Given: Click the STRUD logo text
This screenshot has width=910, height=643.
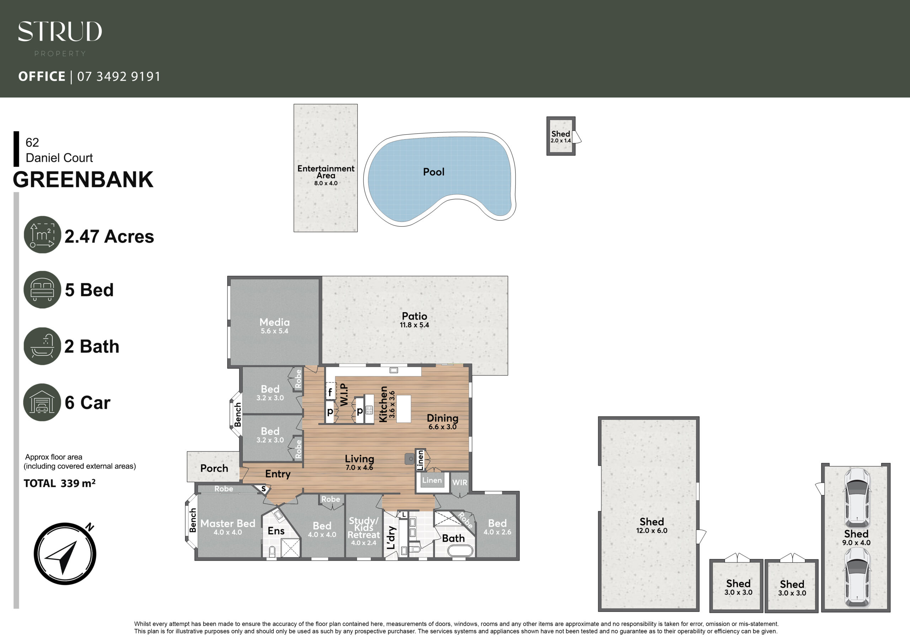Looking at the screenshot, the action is pos(60,31).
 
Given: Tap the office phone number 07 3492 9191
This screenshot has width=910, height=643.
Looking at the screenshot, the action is pos(119,76).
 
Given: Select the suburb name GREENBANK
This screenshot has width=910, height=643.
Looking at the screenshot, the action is pos(83,179).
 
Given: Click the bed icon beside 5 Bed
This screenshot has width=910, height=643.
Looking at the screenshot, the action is pos(42,290).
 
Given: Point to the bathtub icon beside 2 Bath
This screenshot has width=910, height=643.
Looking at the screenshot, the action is pos(42,346).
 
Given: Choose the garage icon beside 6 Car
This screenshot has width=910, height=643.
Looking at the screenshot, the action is pos(42,402).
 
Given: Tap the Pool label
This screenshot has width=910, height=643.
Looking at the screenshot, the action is pos(434,172).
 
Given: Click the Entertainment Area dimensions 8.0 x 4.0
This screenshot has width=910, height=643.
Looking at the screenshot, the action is pos(326,183).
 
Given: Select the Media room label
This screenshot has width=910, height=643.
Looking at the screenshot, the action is pos(275,322).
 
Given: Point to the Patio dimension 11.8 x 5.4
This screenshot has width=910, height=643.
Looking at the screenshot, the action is pos(414,325).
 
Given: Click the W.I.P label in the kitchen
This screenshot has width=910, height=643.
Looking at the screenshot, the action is pos(344,395).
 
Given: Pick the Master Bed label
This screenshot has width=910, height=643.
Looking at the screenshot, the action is pos(228,523).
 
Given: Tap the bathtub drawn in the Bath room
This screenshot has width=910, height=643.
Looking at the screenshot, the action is pos(460,551).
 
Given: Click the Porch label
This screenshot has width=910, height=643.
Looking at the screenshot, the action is pos(214,468).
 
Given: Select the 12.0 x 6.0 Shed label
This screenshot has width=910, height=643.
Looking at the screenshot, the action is pos(652,525).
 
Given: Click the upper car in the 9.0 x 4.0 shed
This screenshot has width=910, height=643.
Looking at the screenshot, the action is pos(857,497).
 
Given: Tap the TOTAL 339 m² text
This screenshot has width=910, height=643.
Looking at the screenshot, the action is pos(59,483).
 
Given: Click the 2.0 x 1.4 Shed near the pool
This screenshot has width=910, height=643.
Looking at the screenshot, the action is pos(561,136).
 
